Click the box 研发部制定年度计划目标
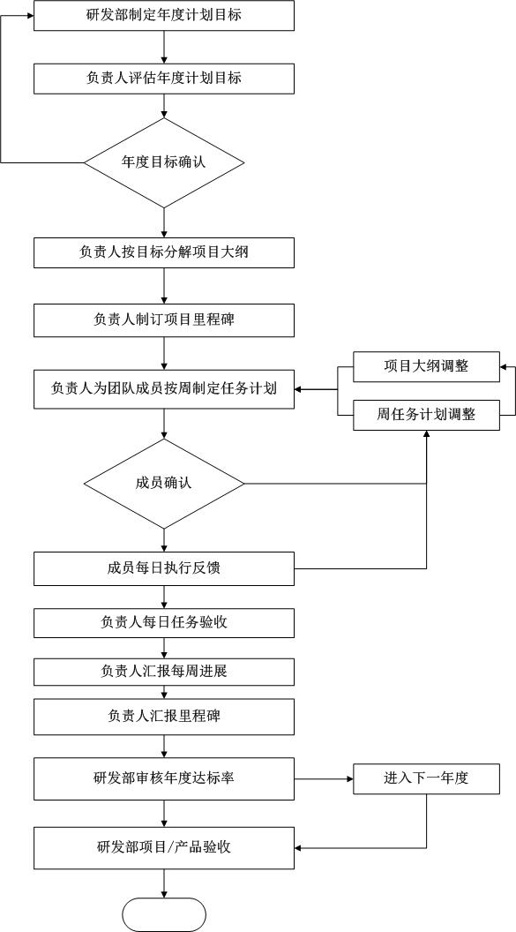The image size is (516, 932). [164, 16]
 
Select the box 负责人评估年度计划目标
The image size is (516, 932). [164, 78]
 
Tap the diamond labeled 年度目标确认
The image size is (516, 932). [164, 162]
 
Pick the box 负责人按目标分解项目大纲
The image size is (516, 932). [164, 252]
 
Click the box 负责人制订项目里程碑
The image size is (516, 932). [164, 319]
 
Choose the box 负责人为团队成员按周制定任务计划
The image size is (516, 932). [164, 389]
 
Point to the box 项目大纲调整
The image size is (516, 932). [426, 366]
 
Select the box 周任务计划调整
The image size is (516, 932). [426, 415]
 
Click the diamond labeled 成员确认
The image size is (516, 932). [164, 484]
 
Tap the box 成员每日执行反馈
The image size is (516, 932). [164, 568]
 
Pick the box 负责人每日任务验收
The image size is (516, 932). [164, 623]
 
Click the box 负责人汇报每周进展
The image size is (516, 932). [164, 672]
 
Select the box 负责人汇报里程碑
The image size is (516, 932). [164, 717]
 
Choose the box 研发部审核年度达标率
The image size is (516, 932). [164, 778]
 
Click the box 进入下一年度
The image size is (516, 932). [426, 778]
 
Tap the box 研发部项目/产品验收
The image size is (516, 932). [164, 847]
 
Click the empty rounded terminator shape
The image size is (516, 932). [164, 914]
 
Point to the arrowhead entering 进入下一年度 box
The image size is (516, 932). [349, 778]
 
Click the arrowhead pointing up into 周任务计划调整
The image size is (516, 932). [426, 434]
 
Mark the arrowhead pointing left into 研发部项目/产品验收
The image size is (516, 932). [299, 847]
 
